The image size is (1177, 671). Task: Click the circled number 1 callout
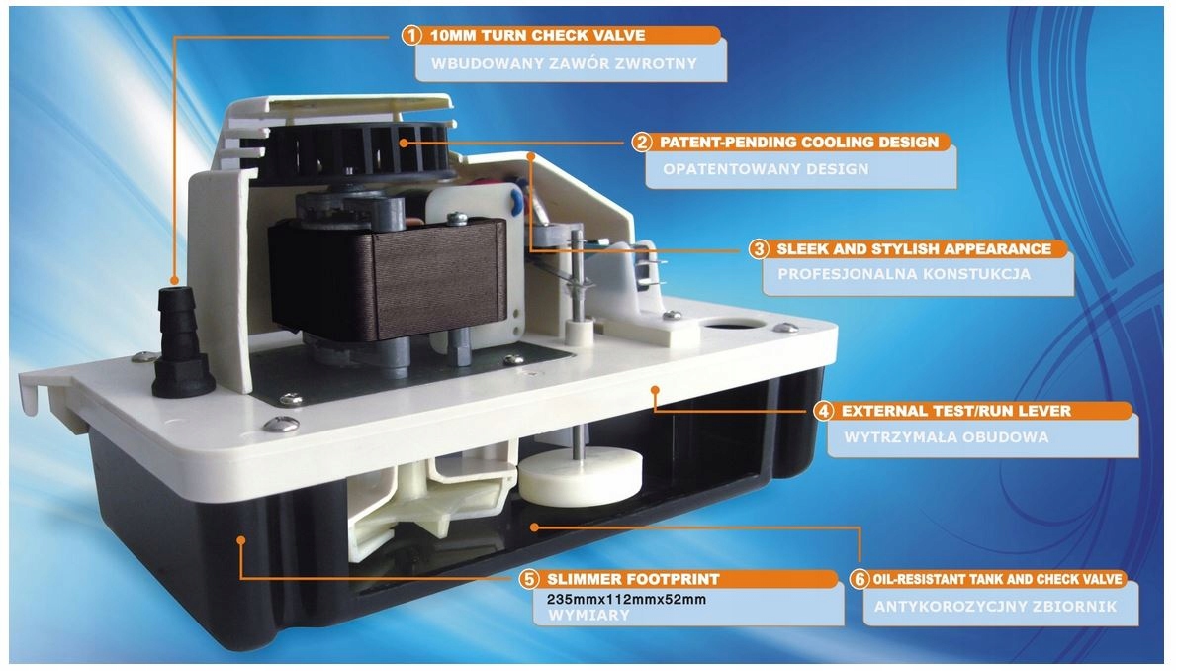411,36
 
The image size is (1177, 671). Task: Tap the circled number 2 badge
642,142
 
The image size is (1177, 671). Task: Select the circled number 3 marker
759,248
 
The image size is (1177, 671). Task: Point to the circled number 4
822,410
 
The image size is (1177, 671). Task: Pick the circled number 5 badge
530,578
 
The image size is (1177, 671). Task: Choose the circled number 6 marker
858,578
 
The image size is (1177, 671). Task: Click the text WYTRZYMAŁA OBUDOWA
947,436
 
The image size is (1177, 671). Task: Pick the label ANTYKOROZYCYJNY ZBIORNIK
989,606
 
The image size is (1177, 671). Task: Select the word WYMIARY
581,615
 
